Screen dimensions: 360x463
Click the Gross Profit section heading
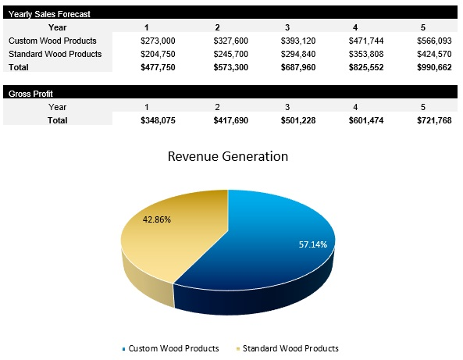30,94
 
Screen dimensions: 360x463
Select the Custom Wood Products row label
52,41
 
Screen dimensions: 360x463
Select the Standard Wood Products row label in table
55,54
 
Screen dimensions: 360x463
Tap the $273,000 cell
157,41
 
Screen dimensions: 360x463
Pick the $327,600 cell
230,41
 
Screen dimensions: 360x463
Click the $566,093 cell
434,41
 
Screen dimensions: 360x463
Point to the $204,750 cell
157,54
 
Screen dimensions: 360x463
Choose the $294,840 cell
301,54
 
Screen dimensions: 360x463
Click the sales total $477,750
157,68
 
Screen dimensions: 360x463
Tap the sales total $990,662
434,68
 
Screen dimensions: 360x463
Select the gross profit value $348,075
157,120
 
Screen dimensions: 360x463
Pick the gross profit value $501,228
301,120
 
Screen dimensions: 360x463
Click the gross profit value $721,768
434,120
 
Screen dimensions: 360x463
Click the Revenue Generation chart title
228,156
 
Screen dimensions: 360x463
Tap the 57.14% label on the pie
313,244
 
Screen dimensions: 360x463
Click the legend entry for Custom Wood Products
173,348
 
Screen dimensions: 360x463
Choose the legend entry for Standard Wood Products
290,348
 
